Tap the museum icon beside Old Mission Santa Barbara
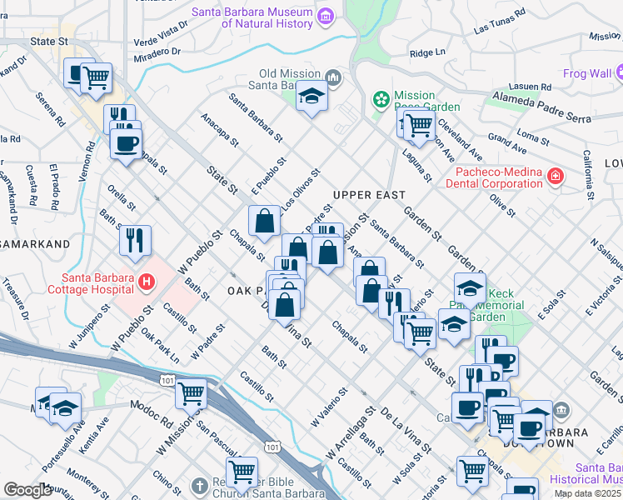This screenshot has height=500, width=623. click(x=334, y=78)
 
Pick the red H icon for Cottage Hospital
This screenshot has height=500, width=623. click(x=147, y=282)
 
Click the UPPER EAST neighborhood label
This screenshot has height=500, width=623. click(x=368, y=195)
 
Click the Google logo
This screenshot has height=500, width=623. click(x=27, y=490)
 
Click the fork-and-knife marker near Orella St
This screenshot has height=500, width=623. click(x=134, y=241)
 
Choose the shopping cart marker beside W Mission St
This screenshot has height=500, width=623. click(x=191, y=392)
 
